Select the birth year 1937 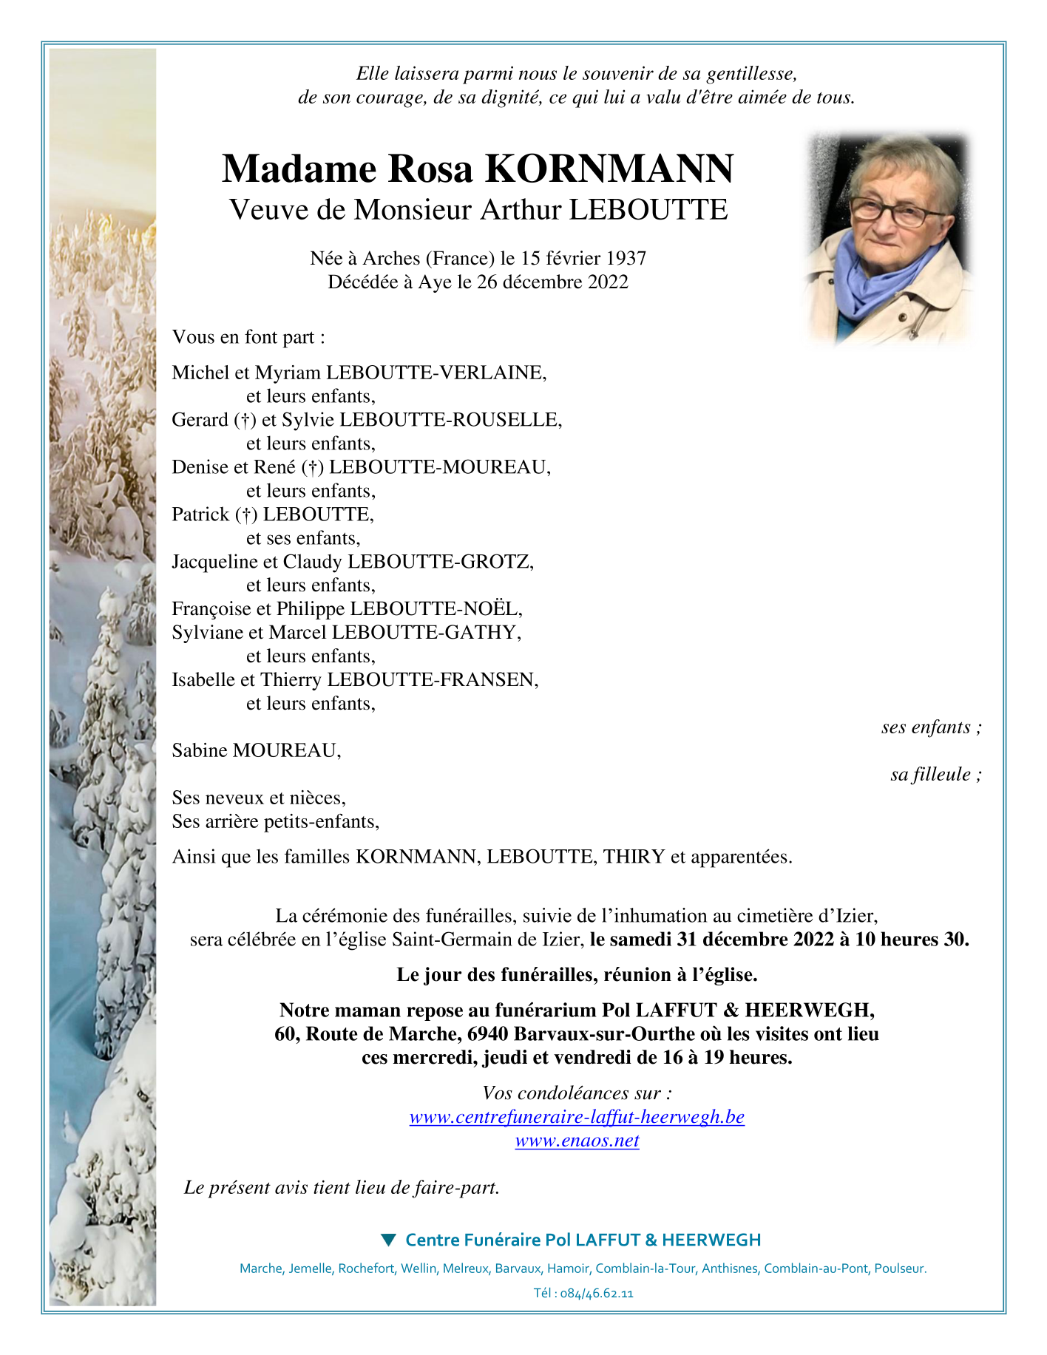coord(626,258)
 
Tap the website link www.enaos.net coord(577,1141)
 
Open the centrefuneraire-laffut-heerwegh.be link coord(577,1117)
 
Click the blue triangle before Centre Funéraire coord(388,1240)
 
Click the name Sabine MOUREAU coord(256,751)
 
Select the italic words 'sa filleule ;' coord(936,775)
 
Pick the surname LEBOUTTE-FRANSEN coord(433,680)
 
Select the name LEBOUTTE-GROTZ coord(440,562)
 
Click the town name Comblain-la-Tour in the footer coord(646,1269)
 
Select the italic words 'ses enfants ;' coord(932,727)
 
